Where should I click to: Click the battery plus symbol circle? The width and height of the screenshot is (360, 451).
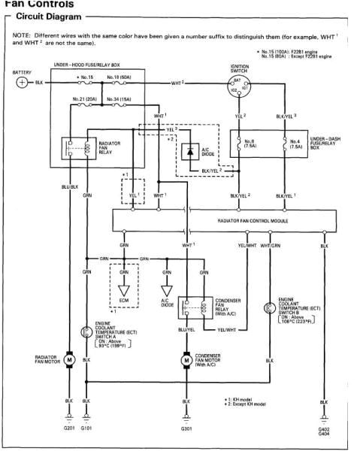23,82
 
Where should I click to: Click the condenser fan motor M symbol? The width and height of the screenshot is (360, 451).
186,359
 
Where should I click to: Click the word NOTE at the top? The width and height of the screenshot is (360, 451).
20,35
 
